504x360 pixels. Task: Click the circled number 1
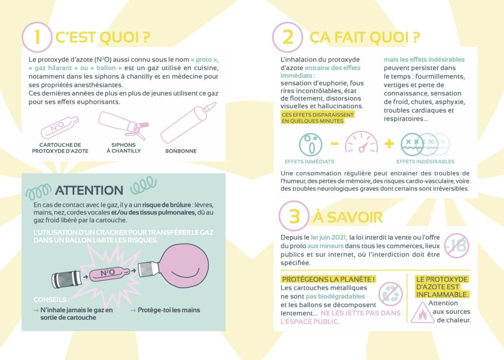coord(37,37)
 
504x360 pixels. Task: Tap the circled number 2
coord(287,37)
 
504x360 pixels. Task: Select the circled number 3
coord(294,216)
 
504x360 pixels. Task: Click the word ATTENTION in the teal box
coord(89,191)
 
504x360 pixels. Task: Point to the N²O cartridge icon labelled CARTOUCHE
coord(60,128)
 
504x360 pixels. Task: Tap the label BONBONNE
coord(181,151)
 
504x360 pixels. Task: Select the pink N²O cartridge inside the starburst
coord(109,274)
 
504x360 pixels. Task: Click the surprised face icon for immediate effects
coord(311,144)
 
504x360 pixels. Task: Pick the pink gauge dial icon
coord(361,142)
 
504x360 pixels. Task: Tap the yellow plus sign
coord(389,143)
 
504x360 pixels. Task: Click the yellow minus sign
coord(335,143)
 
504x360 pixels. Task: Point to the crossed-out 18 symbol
coord(457,246)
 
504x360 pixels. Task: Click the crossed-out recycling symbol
coord(390,294)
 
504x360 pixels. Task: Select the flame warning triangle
coord(423,312)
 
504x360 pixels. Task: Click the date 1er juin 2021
coord(329,237)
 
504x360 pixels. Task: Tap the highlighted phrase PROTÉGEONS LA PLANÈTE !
coord(328,279)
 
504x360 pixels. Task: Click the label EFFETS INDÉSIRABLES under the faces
coord(425,162)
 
